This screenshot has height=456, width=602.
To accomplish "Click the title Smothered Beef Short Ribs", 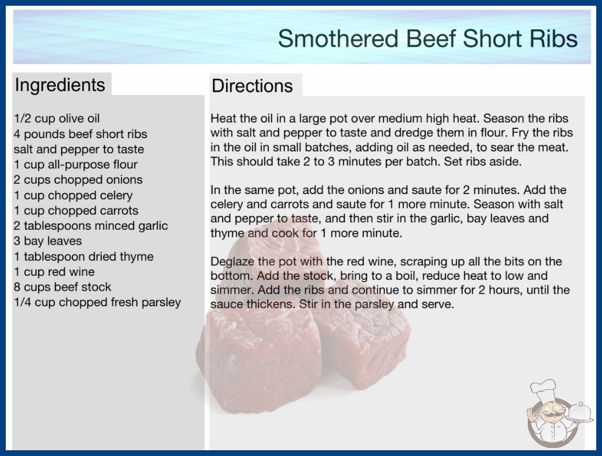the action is [x=428, y=39].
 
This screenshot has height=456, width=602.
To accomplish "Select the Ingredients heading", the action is [x=60, y=85].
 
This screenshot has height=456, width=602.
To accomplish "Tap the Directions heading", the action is [x=252, y=86].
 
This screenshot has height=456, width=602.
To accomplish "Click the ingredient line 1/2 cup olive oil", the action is [x=57, y=119].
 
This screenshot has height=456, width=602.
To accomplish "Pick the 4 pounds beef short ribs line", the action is [x=81, y=134].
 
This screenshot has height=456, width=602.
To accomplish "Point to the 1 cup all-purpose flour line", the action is [x=75, y=165].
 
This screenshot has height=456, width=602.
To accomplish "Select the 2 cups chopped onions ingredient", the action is [x=78, y=180].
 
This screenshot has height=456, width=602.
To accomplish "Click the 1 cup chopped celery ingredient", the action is [x=73, y=195].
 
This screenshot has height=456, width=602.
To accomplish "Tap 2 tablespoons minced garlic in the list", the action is [x=91, y=226].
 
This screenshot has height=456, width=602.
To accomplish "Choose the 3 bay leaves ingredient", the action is [x=48, y=241].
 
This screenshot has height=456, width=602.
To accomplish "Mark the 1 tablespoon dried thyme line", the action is [x=83, y=256].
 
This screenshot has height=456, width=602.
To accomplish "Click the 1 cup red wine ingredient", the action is [x=54, y=272].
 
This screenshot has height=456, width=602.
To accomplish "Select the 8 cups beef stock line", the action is [x=63, y=287].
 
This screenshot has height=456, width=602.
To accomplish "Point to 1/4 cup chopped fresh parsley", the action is [x=97, y=302].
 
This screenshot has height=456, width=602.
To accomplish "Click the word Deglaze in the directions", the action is [x=233, y=262].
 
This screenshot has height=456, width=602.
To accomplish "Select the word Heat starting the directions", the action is [x=223, y=119].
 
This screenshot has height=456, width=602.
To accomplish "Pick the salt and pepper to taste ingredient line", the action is [x=79, y=150].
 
